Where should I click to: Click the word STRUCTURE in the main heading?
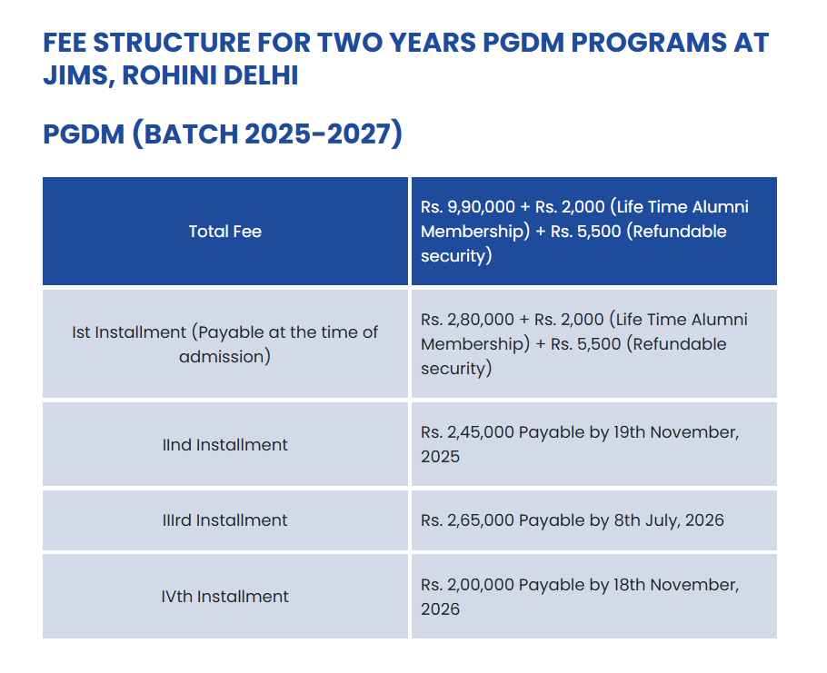tap(172, 43)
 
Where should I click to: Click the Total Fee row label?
tap(225, 232)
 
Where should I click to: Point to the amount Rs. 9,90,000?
tap(468, 207)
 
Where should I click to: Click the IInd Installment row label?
tap(225, 445)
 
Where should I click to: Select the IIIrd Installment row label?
tap(225, 520)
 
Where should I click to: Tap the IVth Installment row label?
tap(225, 596)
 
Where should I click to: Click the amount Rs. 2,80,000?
tap(468, 320)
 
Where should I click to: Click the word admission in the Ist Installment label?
tap(221, 357)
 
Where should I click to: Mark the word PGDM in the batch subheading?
tap(84, 134)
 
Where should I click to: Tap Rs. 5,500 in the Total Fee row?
tap(586, 232)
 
